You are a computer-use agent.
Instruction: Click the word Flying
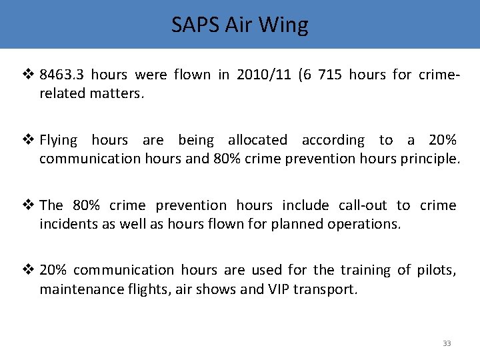click(x=59, y=140)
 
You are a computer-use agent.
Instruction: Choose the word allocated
click(x=257, y=140)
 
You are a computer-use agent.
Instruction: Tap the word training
click(x=365, y=269)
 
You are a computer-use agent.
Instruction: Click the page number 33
click(x=447, y=343)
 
